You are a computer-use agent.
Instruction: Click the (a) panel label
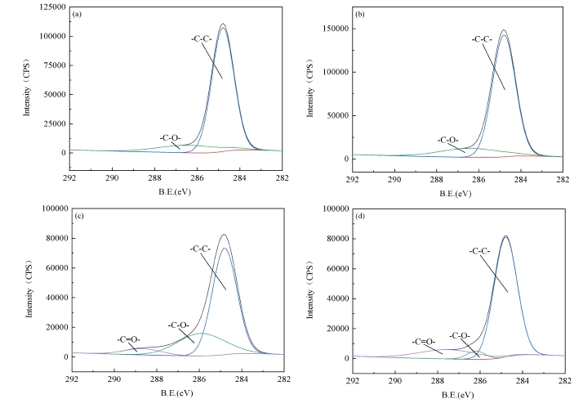[76, 14]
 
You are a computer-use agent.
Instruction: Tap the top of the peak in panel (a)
[222, 24]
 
